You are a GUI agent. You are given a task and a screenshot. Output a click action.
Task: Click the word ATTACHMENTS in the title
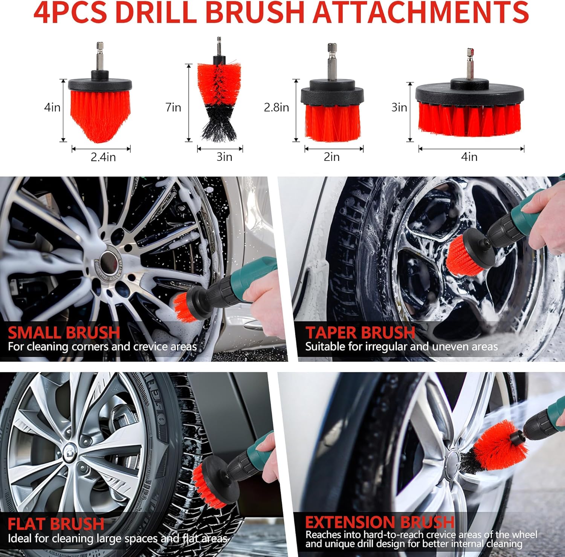(x=421, y=12)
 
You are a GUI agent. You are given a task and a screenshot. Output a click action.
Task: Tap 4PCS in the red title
(x=70, y=12)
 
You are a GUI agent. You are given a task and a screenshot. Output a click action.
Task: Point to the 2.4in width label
(x=103, y=157)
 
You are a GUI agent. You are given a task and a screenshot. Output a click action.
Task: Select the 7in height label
(x=173, y=107)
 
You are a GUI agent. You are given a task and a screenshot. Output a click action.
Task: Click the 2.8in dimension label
(x=276, y=107)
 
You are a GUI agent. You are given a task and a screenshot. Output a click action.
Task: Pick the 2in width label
(x=331, y=157)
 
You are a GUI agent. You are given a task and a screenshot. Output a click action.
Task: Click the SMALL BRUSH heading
(x=64, y=332)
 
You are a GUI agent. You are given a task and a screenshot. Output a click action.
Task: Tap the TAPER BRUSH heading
(x=360, y=332)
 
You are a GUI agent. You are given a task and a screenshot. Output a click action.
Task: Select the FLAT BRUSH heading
(x=56, y=524)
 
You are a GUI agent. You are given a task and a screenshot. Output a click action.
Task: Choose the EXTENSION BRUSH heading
(x=380, y=522)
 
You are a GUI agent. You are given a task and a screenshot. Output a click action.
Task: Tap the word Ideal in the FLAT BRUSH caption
(x=20, y=539)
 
